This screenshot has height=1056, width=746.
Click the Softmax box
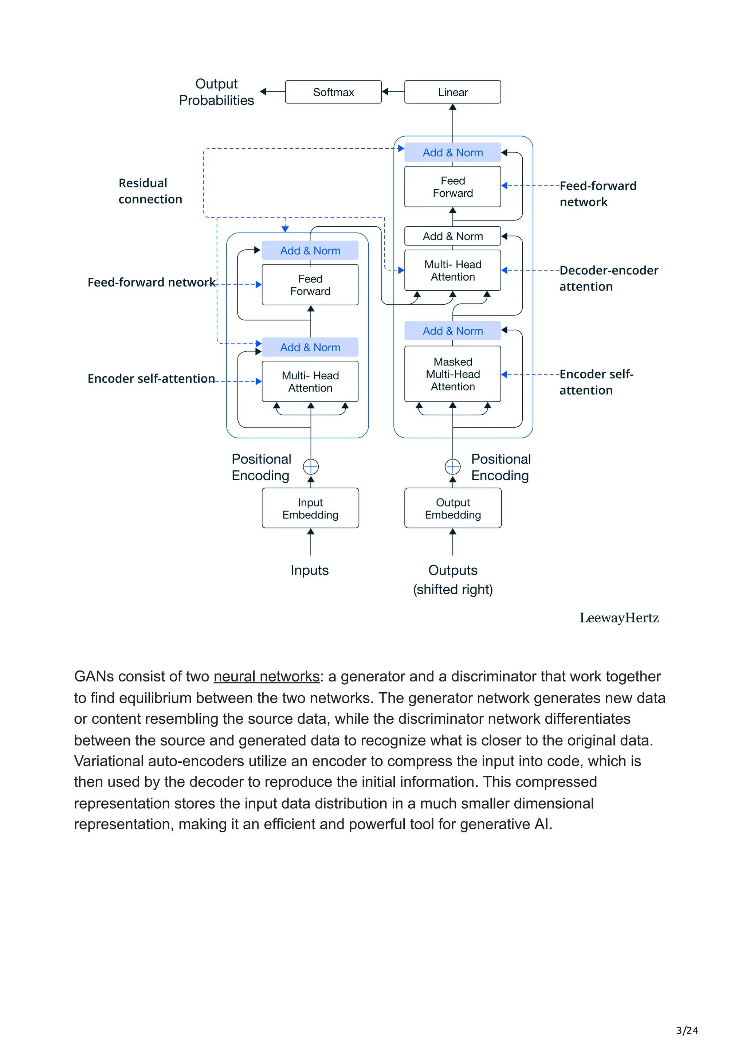click(333, 92)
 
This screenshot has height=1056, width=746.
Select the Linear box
click(452, 92)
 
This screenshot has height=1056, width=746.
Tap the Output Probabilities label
click(216, 92)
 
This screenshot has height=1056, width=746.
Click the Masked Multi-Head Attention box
click(452, 374)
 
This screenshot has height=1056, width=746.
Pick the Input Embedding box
click(310, 508)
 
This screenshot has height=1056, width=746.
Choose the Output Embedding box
click(452, 508)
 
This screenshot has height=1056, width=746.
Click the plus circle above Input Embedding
click(311, 467)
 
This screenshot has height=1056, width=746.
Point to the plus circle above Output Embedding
click(452, 467)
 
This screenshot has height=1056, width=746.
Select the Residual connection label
click(150, 191)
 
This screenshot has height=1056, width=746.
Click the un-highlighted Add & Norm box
click(452, 236)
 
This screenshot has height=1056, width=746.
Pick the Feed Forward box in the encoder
click(310, 285)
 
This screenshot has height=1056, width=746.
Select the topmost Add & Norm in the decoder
click(452, 152)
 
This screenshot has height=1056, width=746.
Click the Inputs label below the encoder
click(309, 570)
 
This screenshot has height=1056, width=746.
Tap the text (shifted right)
click(452, 590)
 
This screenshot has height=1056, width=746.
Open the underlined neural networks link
click(266, 677)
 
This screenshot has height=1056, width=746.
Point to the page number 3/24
click(687, 1031)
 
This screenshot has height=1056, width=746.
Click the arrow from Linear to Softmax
click(393, 91)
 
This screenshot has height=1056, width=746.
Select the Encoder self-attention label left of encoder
click(151, 379)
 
